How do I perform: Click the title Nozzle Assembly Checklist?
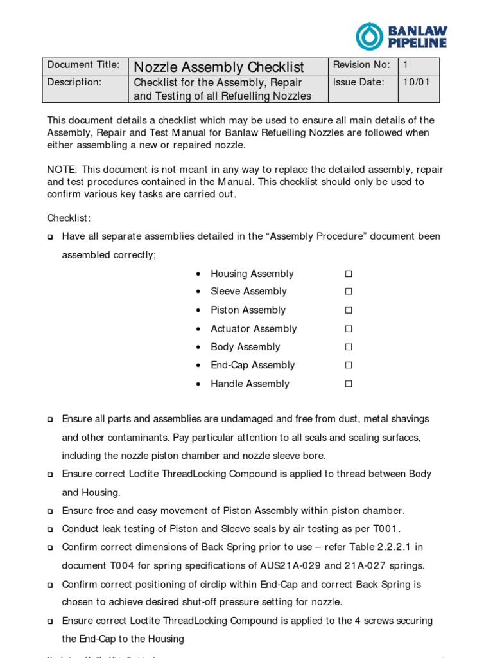[218, 67]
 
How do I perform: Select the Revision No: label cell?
[361, 65]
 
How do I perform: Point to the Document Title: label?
[83, 65]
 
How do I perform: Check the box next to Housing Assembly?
[349, 274]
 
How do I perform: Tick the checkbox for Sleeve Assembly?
[349, 292]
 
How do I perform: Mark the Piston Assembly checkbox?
[349, 310]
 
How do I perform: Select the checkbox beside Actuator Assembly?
[349, 329]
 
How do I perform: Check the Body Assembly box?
[349, 347]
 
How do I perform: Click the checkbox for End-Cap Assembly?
[349, 366]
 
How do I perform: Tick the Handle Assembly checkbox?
[349, 384]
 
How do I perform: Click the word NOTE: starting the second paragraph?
[62, 170]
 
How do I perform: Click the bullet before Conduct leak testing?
[50, 530]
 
